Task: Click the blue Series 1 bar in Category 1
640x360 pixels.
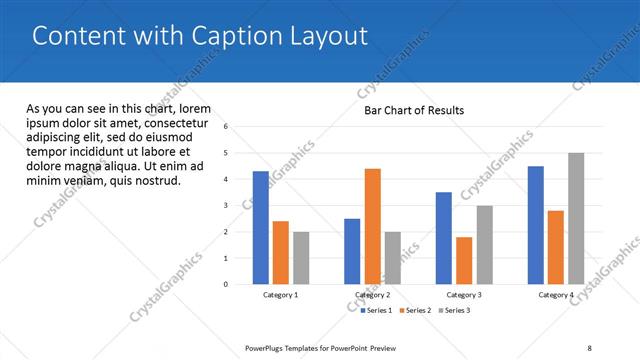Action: coord(260,228)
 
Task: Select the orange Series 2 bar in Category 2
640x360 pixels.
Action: coord(372,226)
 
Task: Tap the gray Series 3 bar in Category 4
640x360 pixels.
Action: coord(576,218)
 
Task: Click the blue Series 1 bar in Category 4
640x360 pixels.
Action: coord(536,225)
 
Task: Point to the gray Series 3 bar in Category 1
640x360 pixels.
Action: coord(301,258)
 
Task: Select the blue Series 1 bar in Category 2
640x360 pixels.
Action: coord(352,251)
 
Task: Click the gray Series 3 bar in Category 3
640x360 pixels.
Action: coord(484,245)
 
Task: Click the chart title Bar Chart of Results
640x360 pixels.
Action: coord(414,111)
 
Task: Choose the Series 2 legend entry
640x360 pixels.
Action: coord(414,310)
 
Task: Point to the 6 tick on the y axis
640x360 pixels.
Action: coord(227,127)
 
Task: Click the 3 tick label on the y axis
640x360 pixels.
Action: coord(227,206)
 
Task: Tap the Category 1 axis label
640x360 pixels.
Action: coord(280,295)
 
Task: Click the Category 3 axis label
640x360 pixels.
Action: coord(464,295)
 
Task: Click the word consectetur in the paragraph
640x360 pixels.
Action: coord(179,123)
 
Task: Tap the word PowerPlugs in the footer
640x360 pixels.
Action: coord(265,348)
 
